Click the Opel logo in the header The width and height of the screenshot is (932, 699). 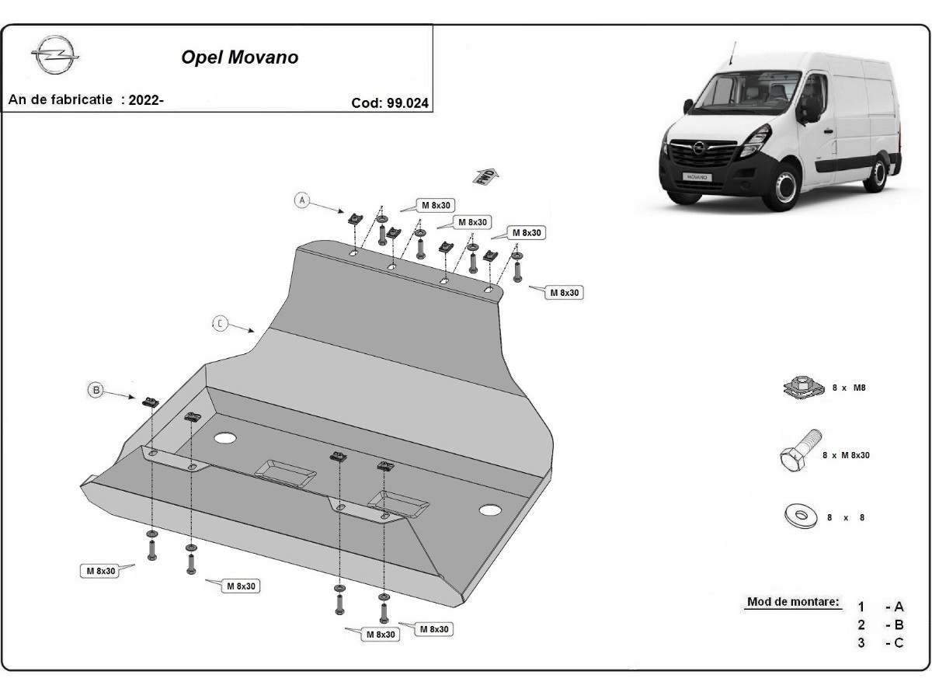point(55,57)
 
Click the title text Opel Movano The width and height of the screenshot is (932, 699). point(239,57)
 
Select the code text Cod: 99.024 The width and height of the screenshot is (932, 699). point(390,103)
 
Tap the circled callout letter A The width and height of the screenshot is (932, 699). point(302,200)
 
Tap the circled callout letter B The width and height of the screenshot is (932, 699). point(96,390)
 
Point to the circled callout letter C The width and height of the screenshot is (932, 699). point(221,323)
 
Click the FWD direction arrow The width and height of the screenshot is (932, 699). point(485,175)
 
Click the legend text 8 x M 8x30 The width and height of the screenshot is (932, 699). point(846,455)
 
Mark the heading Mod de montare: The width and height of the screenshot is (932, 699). point(793,602)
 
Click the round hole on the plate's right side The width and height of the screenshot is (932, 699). point(490,510)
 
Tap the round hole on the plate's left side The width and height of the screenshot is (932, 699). point(224,437)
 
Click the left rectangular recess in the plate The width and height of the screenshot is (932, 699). point(286,471)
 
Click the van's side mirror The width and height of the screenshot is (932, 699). point(811,108)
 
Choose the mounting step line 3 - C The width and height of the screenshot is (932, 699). point(881,642)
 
